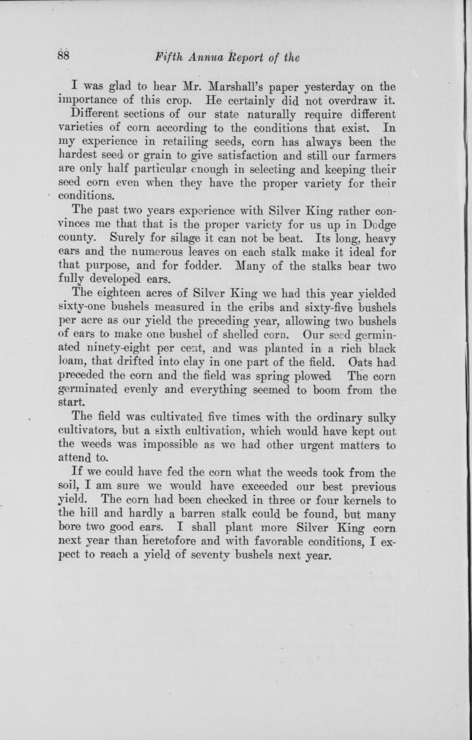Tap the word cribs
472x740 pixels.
click(245, 308)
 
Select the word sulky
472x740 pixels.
click(379, 418)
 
